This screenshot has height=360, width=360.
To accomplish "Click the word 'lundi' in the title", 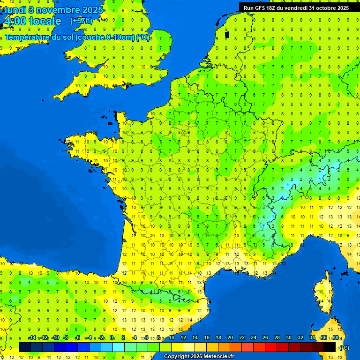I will (15, 10).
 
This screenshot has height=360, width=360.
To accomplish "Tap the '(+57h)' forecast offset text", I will (81, 21).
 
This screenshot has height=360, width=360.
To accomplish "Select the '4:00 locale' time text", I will (32, 21).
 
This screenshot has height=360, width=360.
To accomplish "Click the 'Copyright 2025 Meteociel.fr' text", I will (199, 356).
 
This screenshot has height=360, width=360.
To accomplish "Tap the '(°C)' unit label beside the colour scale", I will (344, 347).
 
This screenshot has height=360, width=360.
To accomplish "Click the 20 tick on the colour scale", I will (230, 337).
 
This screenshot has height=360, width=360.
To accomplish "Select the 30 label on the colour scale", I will (288, 337).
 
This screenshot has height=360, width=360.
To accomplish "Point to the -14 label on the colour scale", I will (32, 337).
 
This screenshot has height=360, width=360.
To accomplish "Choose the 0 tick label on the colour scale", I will (112, 337).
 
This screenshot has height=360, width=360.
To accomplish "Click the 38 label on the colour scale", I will (335, 337).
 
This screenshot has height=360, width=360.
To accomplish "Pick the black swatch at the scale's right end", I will (330, 347).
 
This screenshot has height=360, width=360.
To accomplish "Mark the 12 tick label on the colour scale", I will (183, 337).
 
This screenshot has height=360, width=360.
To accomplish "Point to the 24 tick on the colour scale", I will (253, 337).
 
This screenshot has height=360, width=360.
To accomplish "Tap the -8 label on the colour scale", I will (66, 337).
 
